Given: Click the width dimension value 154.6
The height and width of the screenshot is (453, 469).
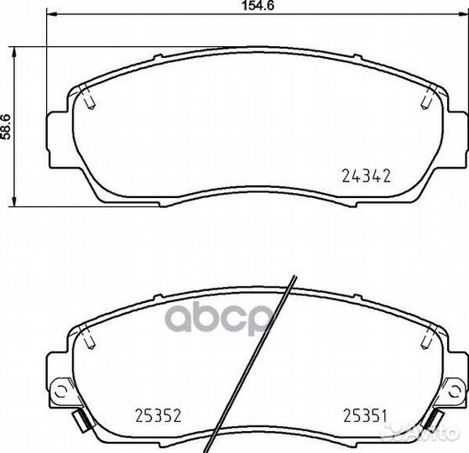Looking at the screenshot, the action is coord(258,6).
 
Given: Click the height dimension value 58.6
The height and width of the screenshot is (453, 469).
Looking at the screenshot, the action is coord(6,127).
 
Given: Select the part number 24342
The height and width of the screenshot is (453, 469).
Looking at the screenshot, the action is coord(366,176).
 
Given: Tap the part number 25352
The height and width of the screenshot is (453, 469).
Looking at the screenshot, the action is coord(159,415).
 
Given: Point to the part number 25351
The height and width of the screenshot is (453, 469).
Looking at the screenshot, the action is coord(365,415).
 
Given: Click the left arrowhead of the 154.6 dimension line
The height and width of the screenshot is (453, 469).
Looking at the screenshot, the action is coord(52,13).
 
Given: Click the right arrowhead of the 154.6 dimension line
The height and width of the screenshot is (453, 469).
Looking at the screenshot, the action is coord(463,13).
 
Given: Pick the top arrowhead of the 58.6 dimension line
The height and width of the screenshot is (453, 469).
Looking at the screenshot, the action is coord(14,52).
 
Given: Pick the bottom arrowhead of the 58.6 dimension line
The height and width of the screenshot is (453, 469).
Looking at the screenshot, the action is coord(14,200).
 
